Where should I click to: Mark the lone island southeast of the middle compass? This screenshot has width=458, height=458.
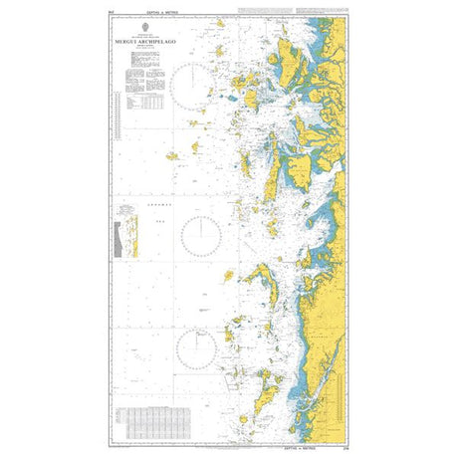229,274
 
